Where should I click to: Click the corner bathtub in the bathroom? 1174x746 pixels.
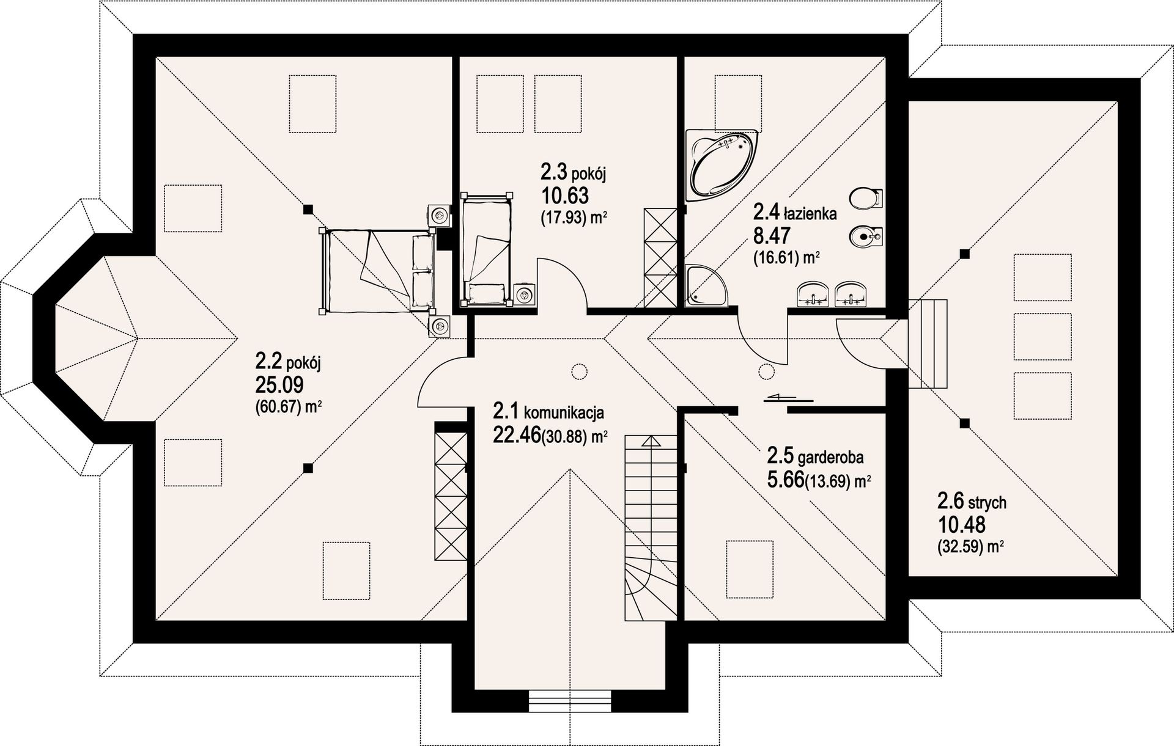[x=722, y=164]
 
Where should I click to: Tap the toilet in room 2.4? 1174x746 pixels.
[x=866, y=198]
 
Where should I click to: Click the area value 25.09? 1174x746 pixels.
[x=279, y=385]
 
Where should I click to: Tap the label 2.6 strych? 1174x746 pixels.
[x=972, y=502]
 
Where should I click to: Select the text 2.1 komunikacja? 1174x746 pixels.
[x=548, y=412]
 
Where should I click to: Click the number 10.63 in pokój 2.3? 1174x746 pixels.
[x=564, y=196]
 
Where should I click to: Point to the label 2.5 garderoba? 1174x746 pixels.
[x=815, y=456]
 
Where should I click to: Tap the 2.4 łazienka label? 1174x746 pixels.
[x=795, y=213]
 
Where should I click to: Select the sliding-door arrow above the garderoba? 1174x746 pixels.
[x=789, y=398]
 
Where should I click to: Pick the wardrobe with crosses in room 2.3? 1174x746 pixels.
[x=660, y=257]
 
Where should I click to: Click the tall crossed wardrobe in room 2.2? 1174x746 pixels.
[x=450, y=491]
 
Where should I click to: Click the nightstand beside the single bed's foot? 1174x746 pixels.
[x=523, y=294]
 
